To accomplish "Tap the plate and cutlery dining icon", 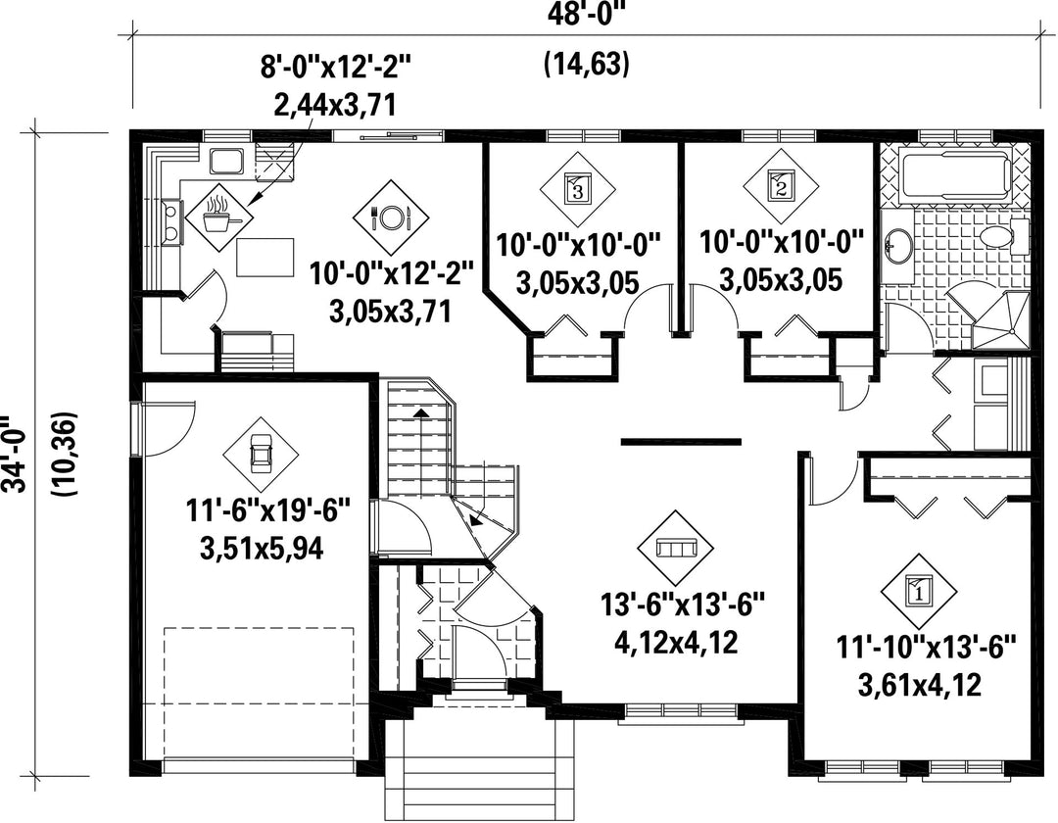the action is point(391,217).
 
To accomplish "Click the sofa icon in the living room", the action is point(676,548).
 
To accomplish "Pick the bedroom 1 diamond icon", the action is point(918,592).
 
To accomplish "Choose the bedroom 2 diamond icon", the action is point(782,186).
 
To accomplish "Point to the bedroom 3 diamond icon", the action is point(578,187).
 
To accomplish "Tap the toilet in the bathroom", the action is point(1003,237).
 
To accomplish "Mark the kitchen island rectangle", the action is point(265,257).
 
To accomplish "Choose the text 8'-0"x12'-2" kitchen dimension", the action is point(336,68).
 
